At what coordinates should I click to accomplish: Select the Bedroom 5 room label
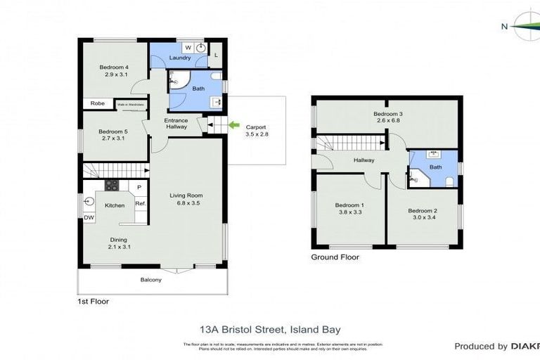pos(112,131)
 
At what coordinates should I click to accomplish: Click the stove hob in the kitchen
pos(111,186)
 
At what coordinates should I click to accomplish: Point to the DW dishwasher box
pos(88,218)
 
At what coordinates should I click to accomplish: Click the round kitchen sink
pos(89,201)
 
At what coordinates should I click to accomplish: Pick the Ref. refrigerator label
pos(140,204)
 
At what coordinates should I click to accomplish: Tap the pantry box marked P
pos(139,187)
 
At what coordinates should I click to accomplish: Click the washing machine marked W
pos(188,48)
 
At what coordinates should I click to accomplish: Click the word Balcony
pos(150,280)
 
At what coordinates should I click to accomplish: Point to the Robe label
pos(97,103)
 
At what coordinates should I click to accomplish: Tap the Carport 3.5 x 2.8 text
pos(257,130)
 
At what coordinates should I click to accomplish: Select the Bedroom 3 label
pos(387,114)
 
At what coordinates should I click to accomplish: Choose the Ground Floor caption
pos(335,257)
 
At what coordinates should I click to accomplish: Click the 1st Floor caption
pos(93,301)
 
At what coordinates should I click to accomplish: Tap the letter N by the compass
pos(503,27)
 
